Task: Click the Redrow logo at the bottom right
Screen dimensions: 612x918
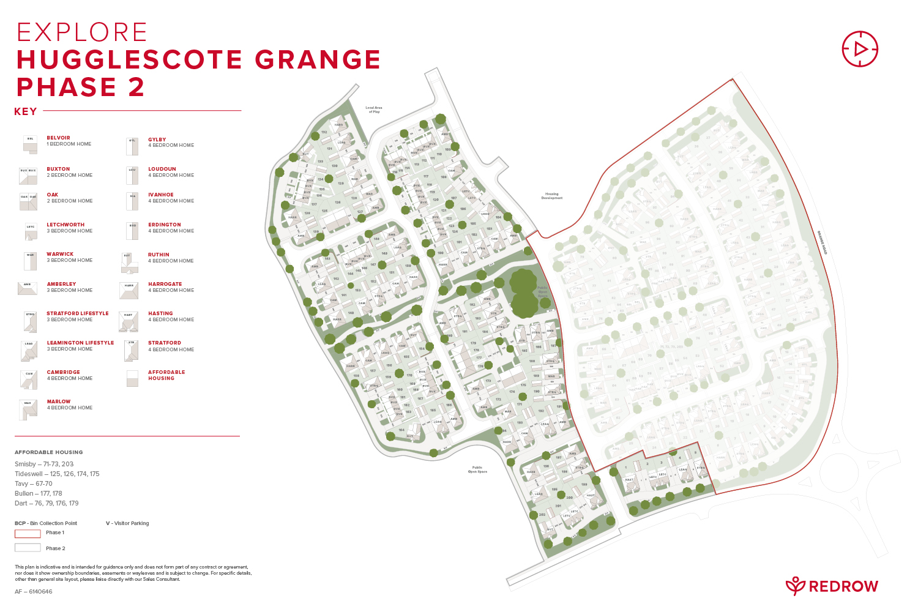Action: pyautogui.click(x=832, y=586)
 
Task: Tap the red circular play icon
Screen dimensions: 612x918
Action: pyautogui.click(x=860, y=49)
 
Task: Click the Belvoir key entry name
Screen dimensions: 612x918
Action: pyautogui.click(x=58, y=138)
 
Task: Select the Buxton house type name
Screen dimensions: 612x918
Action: pyautogui.click(x=58, y=169)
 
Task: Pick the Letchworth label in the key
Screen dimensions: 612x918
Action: pyautogui.click(x=65, y=225)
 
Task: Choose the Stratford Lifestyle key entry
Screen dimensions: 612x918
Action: pyautogui.click(x=78, y=313)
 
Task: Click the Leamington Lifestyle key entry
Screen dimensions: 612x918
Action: pyautogui.click(x=80, y=343)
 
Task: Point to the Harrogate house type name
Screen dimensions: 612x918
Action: pyautogui.click(x=165, y=284)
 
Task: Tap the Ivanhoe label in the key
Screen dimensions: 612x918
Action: pyautogui.click(x=161, y=195)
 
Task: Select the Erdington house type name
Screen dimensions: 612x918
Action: pyautogui.click(x=165, y=225)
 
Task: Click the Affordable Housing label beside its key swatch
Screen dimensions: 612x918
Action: pyautogui.click(x=166, y=375)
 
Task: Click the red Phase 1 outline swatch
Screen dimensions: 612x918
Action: pyautogui.click(x=28, y=533)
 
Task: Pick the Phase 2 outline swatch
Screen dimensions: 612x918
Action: pyautogui.click(x=28, y=548)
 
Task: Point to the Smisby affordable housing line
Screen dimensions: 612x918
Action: pyautogui.click(x=44, y=464)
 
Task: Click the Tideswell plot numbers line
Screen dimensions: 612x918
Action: pyautogui.click(x=57, y=474)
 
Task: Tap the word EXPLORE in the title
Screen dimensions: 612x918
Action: pyautogui.click(x=82, y=32)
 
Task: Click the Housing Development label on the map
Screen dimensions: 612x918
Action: pyautogui.click(x=551, y=196)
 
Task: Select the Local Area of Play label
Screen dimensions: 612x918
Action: pyautogui.click(x=374, y=110)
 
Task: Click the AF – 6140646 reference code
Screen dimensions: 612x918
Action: pyautogui.click(x=34, y=592)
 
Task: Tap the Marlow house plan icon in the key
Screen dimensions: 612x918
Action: pyautogui.click(x=28, y=410)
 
